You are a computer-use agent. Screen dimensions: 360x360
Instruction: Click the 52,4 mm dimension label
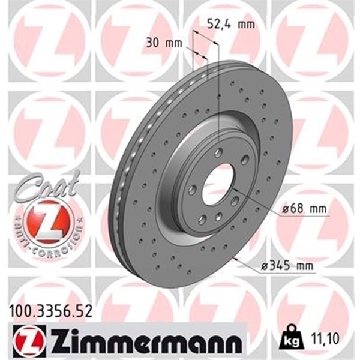pos(230,25)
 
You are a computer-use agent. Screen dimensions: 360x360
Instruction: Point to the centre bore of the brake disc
pos(217,184)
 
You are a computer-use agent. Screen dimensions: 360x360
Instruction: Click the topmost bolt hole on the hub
pos(219,152)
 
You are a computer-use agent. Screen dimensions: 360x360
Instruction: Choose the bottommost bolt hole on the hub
pos(204,219)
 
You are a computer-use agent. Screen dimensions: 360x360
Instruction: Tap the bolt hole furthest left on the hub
pos(191,190)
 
